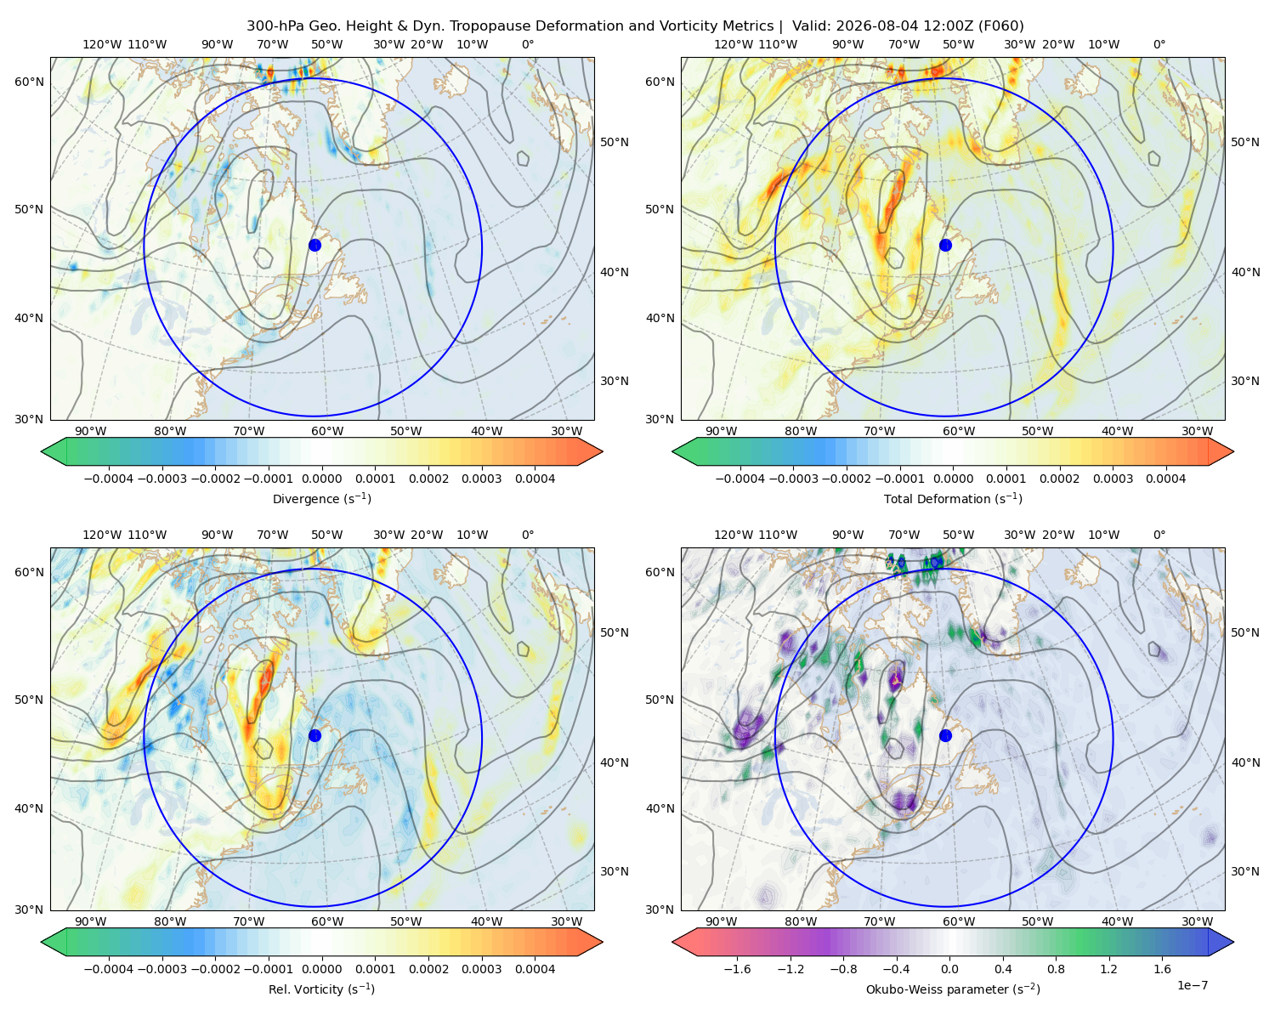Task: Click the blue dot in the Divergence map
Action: (x=314, y=245)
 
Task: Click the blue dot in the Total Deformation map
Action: (x=945, y=245)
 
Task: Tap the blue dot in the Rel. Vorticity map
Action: (x=314, y=735)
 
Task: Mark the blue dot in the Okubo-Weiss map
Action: (x=945, y=735)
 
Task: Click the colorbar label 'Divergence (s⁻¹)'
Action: (x=321, y=498)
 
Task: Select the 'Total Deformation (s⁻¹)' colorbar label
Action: (x=953, y=498)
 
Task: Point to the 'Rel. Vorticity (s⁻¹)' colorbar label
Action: (x=321, y=989)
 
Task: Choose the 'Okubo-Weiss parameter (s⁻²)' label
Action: (x=953, y=989)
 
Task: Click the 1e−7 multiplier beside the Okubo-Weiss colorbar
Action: (x=1192, y=985)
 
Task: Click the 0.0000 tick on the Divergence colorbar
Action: (x=321, y=479)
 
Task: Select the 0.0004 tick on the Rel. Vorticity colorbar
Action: (x=535, y=968)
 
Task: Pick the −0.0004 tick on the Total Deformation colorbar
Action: (x=739, y=479)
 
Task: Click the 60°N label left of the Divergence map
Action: (x=29, y=82)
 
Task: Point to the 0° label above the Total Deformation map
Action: (x=1159, y=44)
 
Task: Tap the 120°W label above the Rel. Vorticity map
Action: (x=102, y=534)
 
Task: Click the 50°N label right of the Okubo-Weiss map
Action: (x=1244, y=632)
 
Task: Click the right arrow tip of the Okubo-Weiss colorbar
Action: (x=1233, y=942)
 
